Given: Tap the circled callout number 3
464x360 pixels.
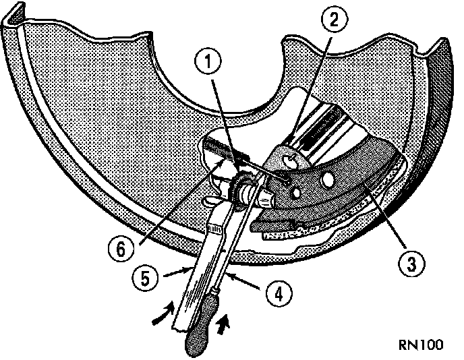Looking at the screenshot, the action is coord(408,263).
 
